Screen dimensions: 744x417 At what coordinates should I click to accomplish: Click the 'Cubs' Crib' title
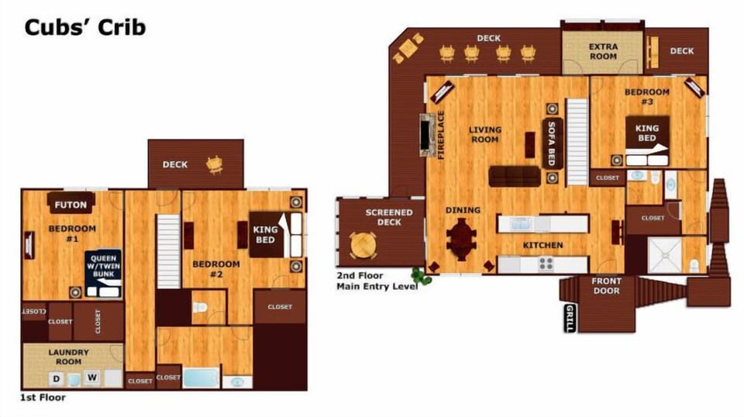click(85, 27)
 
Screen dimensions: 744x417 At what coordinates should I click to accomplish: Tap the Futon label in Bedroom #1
click(71, 205)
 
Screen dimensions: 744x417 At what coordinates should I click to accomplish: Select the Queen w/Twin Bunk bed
click(103, 274)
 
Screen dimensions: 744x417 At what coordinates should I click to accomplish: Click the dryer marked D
click(57, 378)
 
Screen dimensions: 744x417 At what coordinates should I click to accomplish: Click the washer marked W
click(92, 377)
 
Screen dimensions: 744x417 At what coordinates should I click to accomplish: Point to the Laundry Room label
click(69, 357)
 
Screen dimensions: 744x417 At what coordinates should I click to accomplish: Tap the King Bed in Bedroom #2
click(276, 234)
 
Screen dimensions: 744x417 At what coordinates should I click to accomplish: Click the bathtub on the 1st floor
click(201, 378)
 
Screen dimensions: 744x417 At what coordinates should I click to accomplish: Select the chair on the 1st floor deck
click(215, 164)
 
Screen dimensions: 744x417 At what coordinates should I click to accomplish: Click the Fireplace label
click(441, 135)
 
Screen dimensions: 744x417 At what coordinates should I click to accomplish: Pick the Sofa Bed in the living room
click(553, 143)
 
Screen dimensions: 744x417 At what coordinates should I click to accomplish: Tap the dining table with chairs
click(461, 239)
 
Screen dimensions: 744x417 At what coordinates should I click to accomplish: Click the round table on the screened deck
click(363, 246)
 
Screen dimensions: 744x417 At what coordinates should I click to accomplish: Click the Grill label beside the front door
click(570, 318)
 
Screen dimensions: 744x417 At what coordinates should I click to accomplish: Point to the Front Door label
click(606, 285)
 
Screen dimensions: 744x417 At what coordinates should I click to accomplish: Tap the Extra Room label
click(603, 51)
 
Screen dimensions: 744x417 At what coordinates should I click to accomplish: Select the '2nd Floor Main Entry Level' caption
click(377, 281)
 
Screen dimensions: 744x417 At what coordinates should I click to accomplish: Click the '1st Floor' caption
click(43, 398)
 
